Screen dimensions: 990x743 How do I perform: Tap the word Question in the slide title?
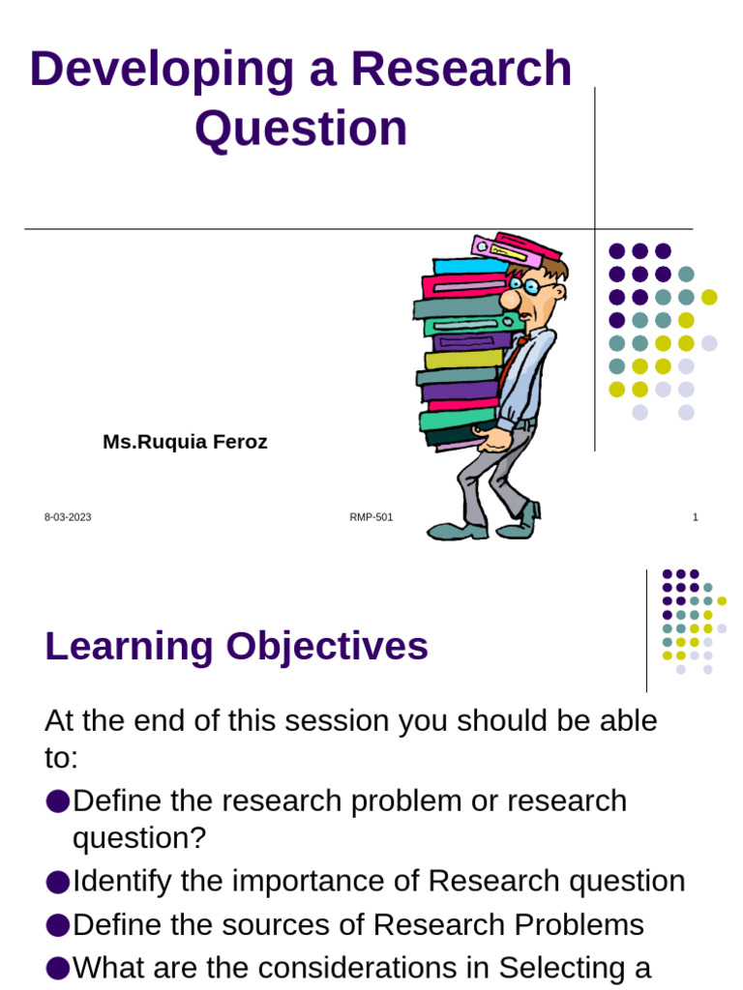[301, 129]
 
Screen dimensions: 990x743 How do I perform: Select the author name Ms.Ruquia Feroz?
[185, 443]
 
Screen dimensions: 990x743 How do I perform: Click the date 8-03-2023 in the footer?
[68, 517]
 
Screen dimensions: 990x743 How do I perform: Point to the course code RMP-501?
[371, 517]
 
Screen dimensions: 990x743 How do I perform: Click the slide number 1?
[695, 517]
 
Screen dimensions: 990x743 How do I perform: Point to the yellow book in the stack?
[462, 360]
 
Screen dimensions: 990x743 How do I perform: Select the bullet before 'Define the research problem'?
[57, 801]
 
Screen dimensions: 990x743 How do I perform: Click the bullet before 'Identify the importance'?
[57, 882]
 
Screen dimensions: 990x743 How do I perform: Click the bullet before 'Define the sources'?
[57, 925]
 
